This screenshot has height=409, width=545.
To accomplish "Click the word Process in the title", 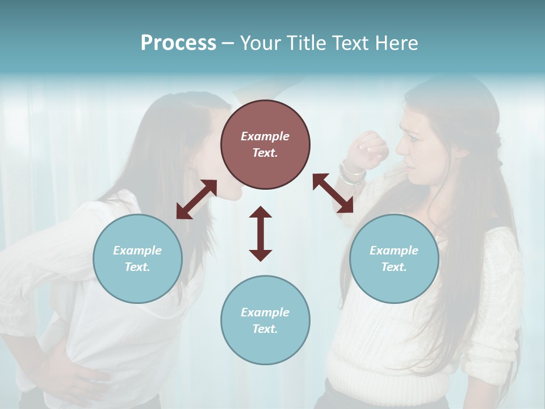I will [x=178, y=43].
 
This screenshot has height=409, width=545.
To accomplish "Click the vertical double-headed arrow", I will [x=261, y=233].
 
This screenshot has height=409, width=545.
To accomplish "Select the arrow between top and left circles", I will [x=196, y=199].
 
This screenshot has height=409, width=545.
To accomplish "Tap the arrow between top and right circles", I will [x=333, y=193].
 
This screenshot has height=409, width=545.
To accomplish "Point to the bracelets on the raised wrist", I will [x=351, y=172].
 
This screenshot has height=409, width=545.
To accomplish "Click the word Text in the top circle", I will [x=265, y=153].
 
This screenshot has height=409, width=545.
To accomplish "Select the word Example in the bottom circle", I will [x=265, y=312].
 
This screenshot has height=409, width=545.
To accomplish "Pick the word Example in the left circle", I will [x=137, y=251].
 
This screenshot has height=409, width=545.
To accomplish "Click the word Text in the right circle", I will [x=394, y=267].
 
